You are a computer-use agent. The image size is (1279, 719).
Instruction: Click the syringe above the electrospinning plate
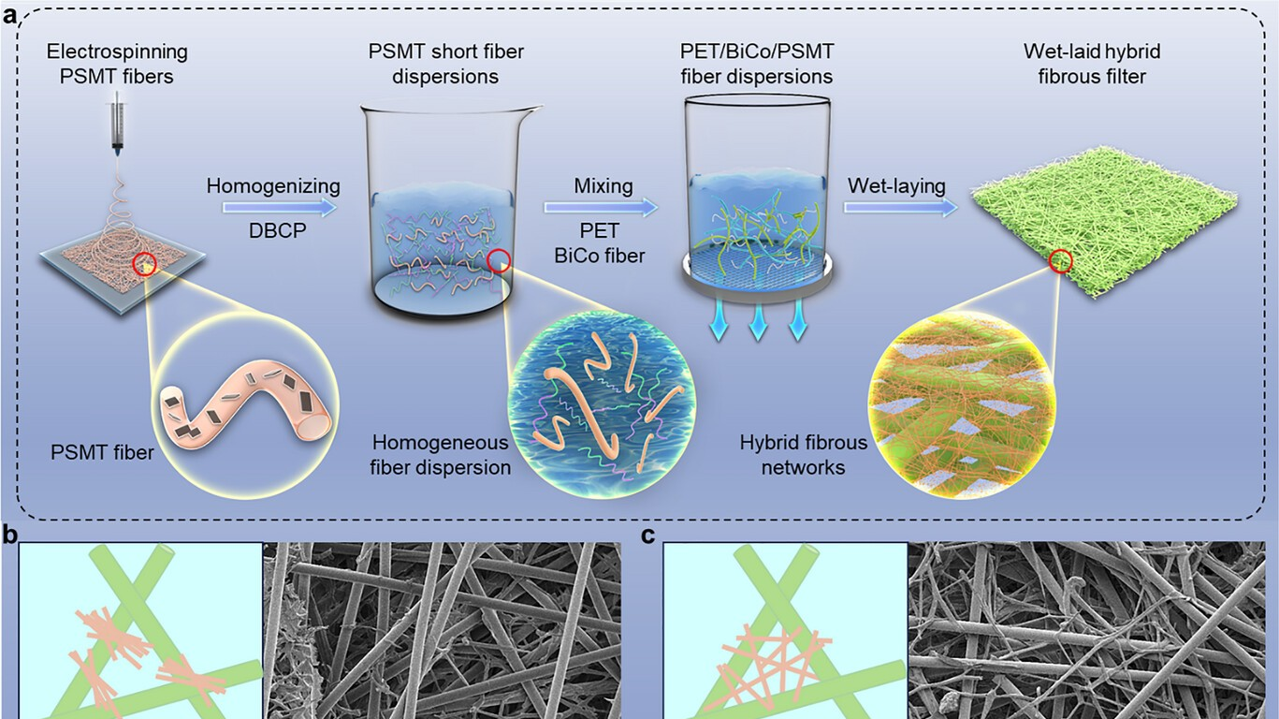(117, 124)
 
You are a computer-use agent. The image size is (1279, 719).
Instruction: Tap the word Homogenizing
(273, 186)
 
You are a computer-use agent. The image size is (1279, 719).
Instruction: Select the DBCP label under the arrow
(278, 229)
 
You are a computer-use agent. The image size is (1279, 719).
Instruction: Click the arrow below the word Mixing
(602, 207)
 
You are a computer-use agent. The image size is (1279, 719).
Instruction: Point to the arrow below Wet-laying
(901, 207)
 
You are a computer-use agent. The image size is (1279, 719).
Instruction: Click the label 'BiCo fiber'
(600, 255)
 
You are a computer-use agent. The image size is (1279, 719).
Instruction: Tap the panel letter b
(9, 536)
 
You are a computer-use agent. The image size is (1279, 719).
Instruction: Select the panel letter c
(647, 536)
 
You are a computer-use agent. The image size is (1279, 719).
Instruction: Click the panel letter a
(9, 15)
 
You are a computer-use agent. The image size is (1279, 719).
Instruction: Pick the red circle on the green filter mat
(1060, 262)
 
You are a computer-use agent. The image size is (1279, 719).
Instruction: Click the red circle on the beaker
(499, 262)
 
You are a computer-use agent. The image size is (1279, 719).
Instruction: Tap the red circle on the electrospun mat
(145, 264)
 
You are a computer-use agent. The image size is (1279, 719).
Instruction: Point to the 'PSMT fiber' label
(102, 453)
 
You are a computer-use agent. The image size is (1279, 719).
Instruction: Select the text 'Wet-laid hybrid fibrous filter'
(1092, 64)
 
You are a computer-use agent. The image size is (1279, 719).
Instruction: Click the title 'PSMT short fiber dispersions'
(445, 64)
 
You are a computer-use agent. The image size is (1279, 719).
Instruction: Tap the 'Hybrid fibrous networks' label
(804, 455)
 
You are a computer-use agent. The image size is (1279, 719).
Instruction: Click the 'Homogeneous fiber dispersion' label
(440, 455)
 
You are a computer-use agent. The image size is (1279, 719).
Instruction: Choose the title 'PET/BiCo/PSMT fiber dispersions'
(757, 64)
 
